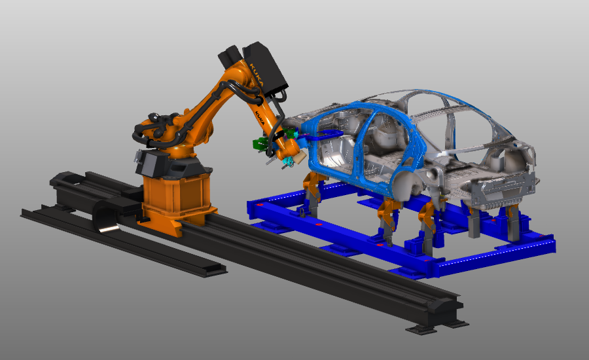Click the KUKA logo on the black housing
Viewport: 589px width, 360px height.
tap(257, 75)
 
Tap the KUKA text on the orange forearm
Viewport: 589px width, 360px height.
tap(260, 117)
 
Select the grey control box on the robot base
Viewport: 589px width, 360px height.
tap(151, 162)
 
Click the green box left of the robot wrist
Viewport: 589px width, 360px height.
tap(260, 144)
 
